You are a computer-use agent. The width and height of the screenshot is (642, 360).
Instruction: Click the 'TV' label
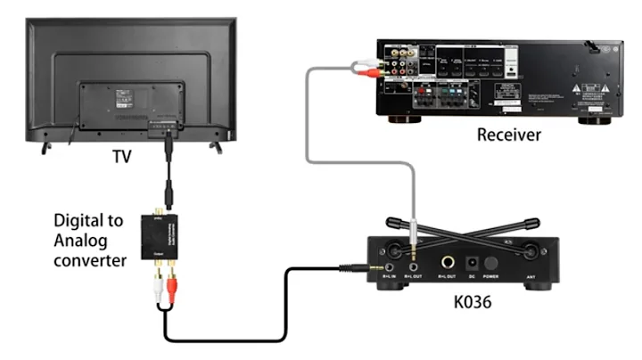[x=122, y=157]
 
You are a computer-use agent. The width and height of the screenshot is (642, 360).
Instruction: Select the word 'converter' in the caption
[x=90, y=260]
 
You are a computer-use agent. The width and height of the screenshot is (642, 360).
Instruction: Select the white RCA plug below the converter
[x=156, y=288]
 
